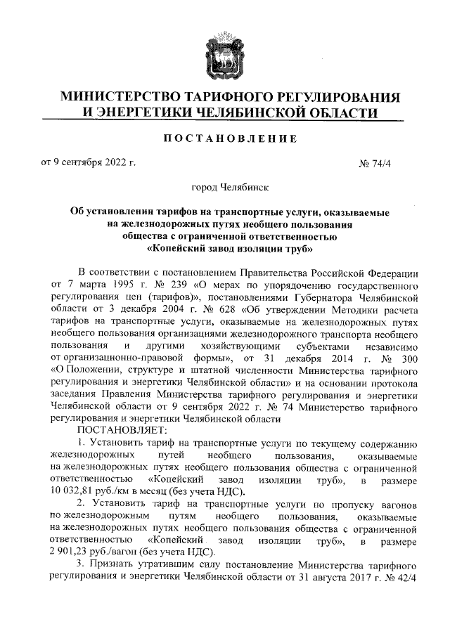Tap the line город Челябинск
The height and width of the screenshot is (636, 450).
pos(225,188)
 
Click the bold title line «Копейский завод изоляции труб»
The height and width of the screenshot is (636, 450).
pos(225,248)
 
